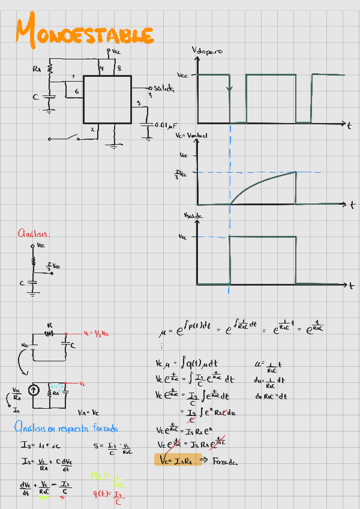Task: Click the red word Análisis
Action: (x=34, y=233)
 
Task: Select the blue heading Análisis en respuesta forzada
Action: (x=67, y=428)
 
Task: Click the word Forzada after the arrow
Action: (x=226, y=462)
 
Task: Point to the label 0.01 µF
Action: (x=166, y=125)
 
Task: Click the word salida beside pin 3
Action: (x=163, y=88)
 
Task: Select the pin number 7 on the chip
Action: (x=73, y=77)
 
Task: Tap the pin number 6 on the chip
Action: (x=76, y=91)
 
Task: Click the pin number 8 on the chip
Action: (x=119, y=68)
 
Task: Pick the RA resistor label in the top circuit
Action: (x=37, y=70)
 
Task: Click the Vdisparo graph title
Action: (x=207, y=52)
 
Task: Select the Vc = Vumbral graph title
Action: (x=191, y=136)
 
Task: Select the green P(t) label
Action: (x=99, y=476)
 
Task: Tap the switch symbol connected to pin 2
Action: (x=76, y=139)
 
